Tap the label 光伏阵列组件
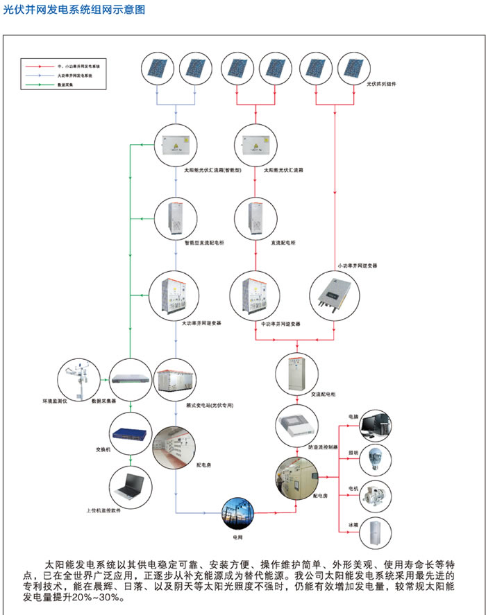pos(381,84)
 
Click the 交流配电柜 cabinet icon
pos(296,372)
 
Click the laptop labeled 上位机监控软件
pos(131,486)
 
